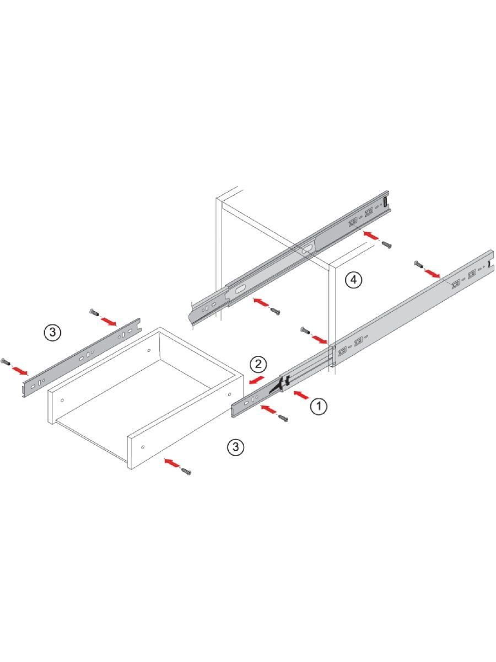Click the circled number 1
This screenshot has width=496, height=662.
(319, 406)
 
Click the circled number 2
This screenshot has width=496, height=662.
(258, 365)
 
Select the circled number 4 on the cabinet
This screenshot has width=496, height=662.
(353, 280)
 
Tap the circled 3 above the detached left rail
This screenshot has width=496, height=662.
(52, 332)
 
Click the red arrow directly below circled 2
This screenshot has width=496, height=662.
(257, 380)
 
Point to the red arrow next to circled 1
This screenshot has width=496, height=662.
(301, 395)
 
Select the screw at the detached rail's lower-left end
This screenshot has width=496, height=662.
(5, 361)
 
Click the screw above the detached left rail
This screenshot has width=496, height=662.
(94, 312)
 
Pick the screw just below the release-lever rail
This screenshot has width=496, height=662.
(284, 418)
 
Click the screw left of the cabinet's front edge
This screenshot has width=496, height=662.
(305, 330)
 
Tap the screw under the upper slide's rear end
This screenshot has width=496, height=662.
(387, 244)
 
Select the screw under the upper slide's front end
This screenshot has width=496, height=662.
(276, 311)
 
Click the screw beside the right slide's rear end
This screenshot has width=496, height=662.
(419, 264)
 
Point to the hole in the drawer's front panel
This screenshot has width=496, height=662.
(143, 447)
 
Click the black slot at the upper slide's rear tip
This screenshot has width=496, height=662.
(385, 202)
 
